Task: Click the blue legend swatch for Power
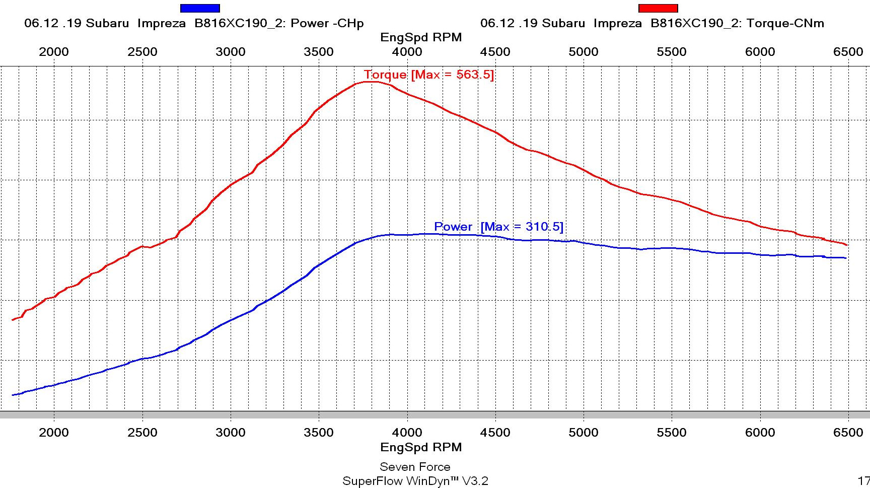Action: tap(200, 8)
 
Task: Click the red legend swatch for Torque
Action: tap(658, 8)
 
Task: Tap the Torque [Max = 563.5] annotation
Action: tap(428, 75)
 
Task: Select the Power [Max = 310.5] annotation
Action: tap(498, 227)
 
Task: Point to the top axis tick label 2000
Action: tap(54, 52)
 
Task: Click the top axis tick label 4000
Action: tap(407, 52)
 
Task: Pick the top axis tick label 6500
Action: tap(848, 52)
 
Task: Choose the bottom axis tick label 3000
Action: tap(231, 433)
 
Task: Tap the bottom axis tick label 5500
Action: tap(672, 433)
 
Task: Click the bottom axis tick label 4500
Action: tap(495, 433)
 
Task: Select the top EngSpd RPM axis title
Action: tap(421, 37)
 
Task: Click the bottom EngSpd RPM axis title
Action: tap(421, 447)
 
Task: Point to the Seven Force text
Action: tap(415, 467)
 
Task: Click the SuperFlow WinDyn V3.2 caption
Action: tap(415, 481)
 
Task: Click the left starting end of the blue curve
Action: tap(13, 395)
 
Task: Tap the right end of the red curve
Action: tap(847, 245)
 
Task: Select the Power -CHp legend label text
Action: tap(194, 23)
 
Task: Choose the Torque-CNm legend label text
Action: tap(652, 23)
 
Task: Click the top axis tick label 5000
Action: tap(584, 52)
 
